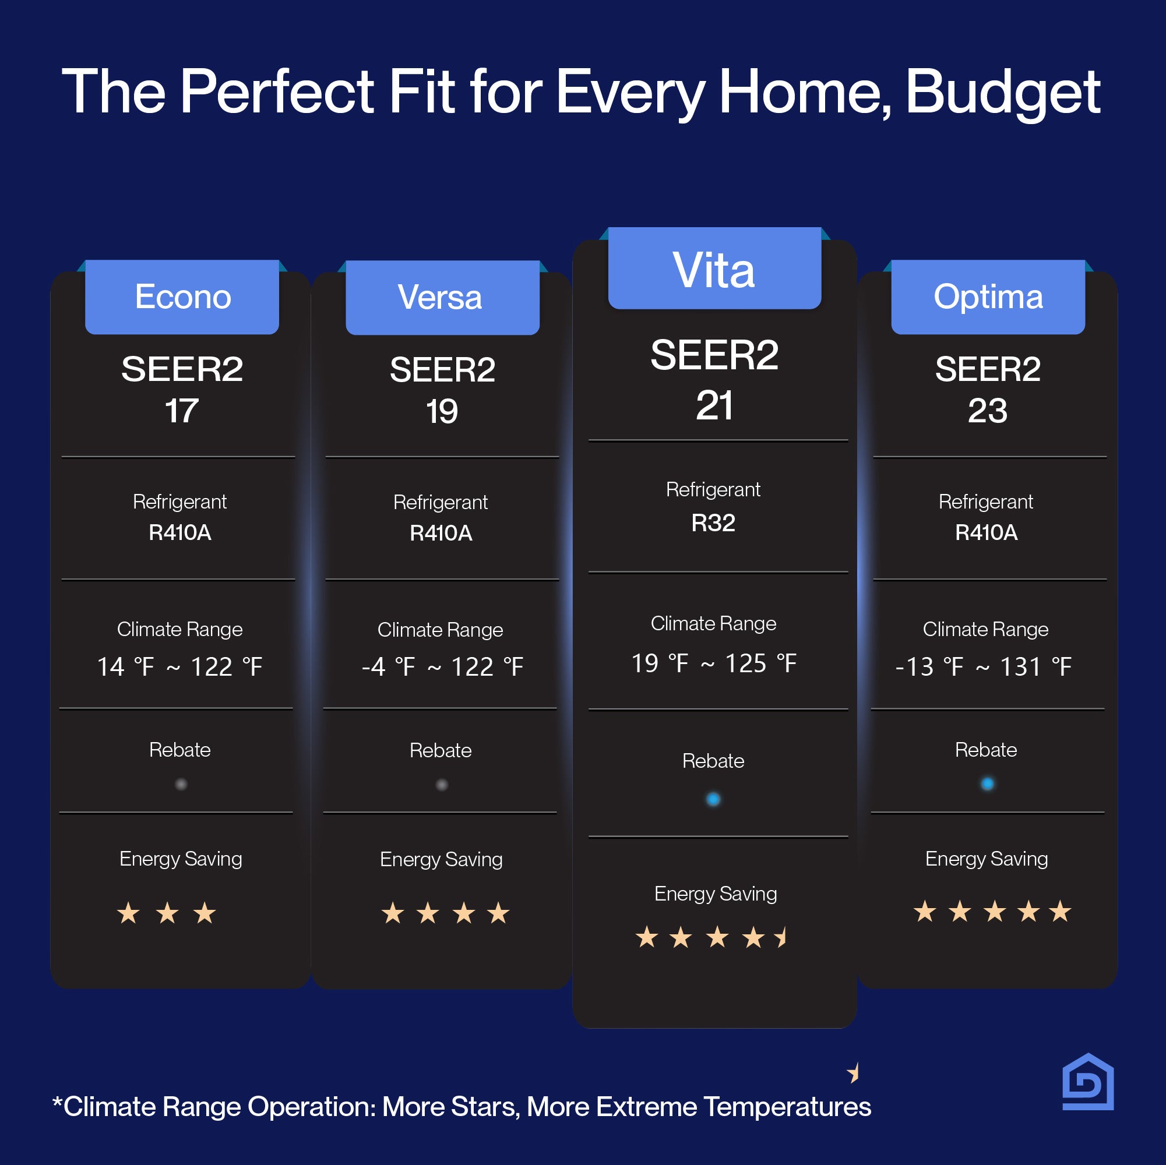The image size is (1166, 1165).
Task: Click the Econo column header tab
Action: pos(182,297)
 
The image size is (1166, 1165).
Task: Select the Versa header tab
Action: pos(442,298)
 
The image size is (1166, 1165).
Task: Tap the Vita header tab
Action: pos(714,268)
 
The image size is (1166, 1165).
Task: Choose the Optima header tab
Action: pos(988,297)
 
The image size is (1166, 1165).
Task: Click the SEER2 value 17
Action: pos(182,411)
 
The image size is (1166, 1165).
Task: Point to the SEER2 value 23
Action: pos(987,411)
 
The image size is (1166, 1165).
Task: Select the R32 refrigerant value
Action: pos(713,523)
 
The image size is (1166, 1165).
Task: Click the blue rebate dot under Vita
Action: pos(713,799)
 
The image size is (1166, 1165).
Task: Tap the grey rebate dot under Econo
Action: pos(181,784)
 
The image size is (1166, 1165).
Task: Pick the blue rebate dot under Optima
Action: pos(987,783)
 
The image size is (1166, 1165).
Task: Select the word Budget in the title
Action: pos(1003,92)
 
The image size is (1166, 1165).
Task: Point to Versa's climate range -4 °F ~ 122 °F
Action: pos(442,666)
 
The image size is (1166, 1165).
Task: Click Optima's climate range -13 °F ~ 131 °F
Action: pos(984,666)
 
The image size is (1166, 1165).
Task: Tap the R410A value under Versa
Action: pos(441,534)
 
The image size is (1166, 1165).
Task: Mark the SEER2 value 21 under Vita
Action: pos(714,405)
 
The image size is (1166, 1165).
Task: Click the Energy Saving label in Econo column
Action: pos(181,859)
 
